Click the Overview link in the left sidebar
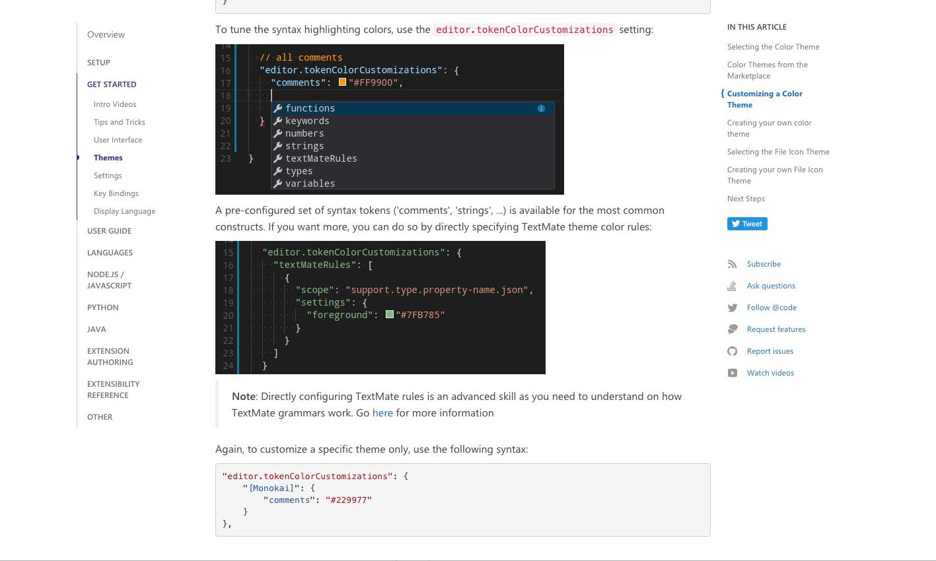(106, 34)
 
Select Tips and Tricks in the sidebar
(119, 122)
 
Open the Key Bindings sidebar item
(116, 193)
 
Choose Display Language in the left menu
(124, 211)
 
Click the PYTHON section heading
(102, 308)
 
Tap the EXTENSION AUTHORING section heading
(110, 356)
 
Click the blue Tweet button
(747, 224)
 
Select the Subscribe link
(764, 264)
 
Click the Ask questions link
(771, 286)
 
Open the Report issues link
(770, 351)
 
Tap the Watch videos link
(770, 373)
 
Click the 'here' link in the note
(382, 413)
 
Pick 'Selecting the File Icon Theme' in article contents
(778, 152)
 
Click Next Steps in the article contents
(746, 199)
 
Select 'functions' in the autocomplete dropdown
(310, 108)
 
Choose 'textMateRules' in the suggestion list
(321, 158)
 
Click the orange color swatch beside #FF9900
(342, 82)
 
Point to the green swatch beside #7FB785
(390, 315)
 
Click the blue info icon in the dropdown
(541, 108)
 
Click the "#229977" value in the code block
(348, 500)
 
